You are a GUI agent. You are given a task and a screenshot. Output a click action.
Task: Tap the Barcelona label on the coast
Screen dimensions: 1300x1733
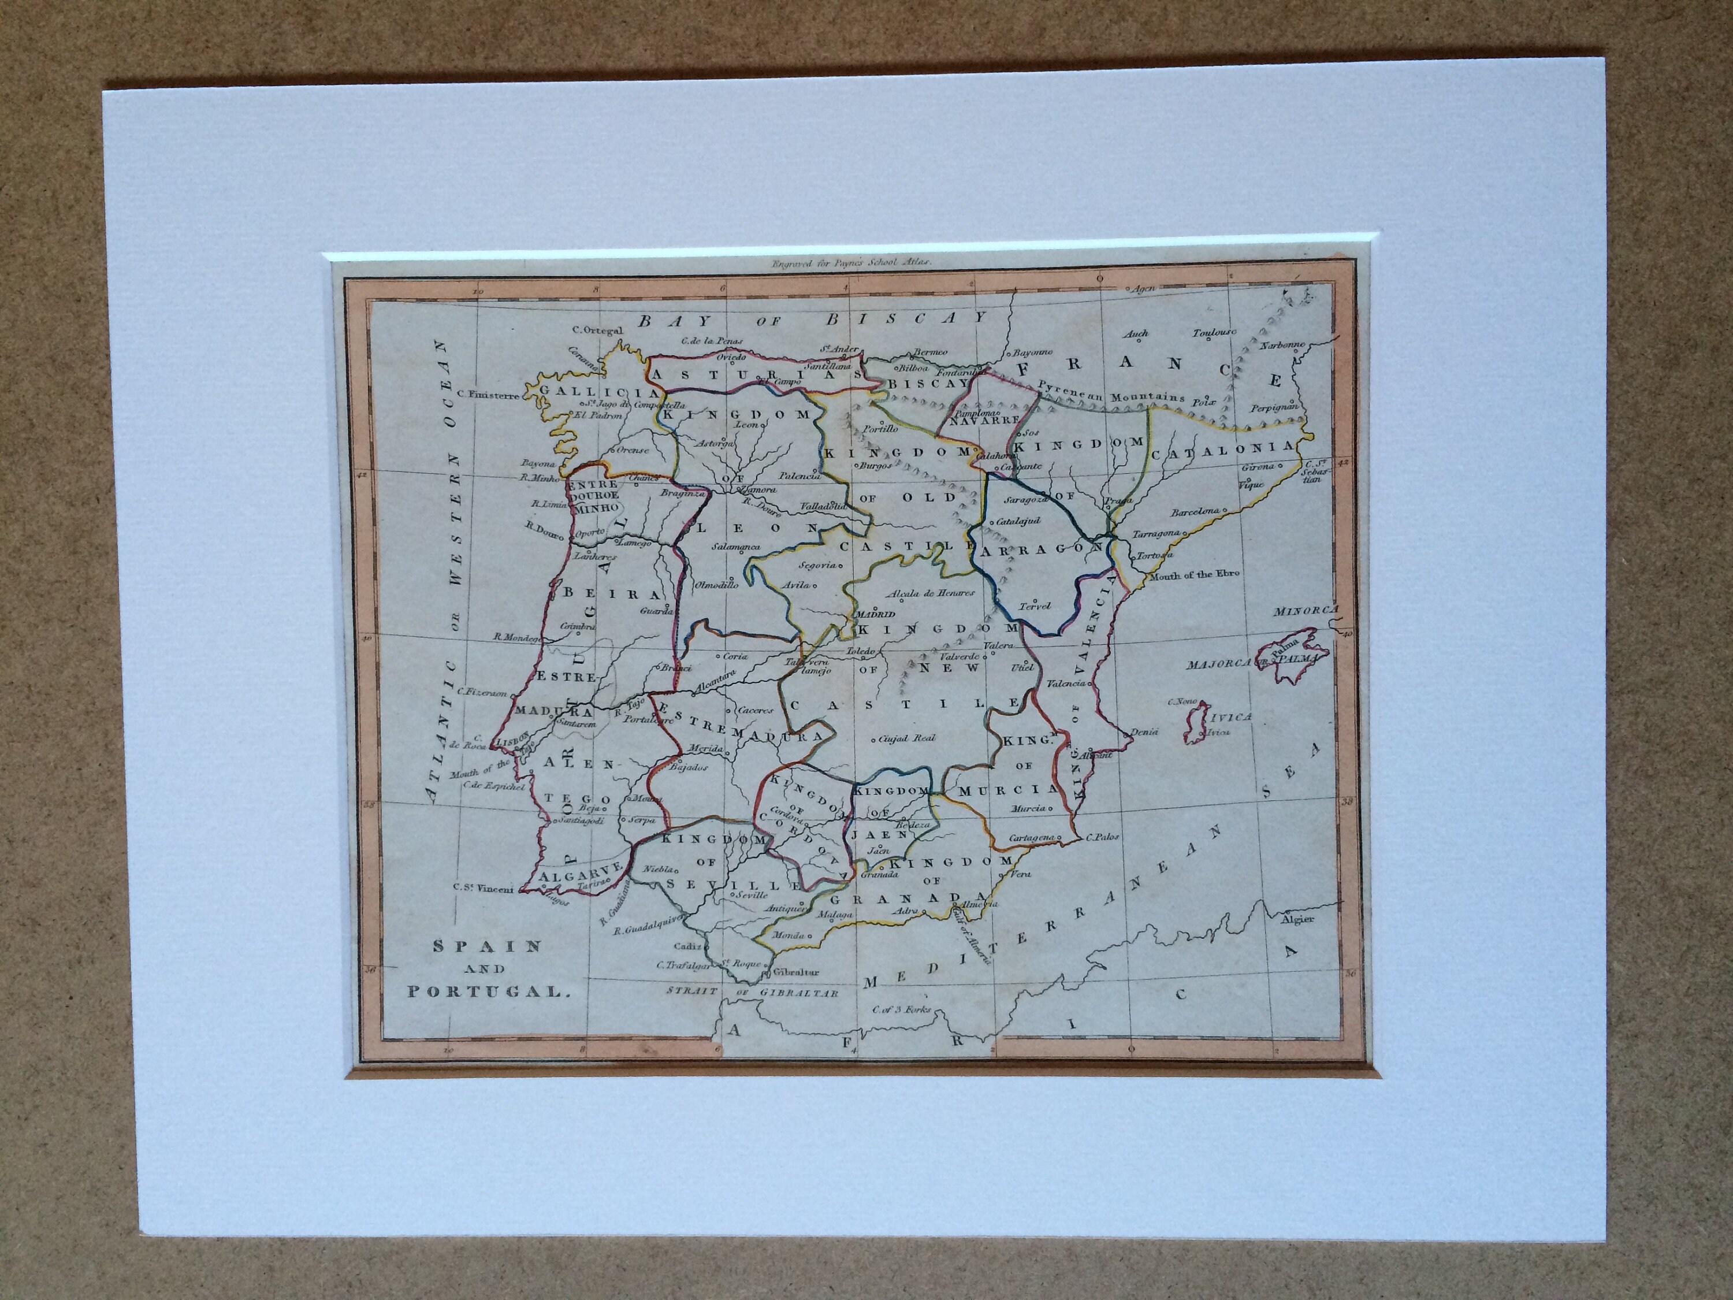(1195, 512)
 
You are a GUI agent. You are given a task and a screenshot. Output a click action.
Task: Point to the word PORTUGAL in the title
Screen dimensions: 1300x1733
(485, 991)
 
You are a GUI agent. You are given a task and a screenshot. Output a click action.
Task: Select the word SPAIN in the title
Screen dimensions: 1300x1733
(488, 946)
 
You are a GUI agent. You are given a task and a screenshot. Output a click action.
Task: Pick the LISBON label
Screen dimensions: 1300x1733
(512, 738)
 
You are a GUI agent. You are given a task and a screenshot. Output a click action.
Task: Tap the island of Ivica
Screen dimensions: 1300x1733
(1196, 722)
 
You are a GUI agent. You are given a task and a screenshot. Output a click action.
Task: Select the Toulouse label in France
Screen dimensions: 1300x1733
(1214, 333)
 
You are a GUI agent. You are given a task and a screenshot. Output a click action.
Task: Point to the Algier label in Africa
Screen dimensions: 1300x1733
(1297, 919)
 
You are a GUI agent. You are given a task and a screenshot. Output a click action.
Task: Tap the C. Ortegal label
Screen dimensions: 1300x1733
(597, 330)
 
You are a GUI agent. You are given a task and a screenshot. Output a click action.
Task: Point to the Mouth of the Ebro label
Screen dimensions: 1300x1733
(1194, 574)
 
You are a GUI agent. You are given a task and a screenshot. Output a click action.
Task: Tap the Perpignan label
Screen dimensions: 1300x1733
(1275, 407)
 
